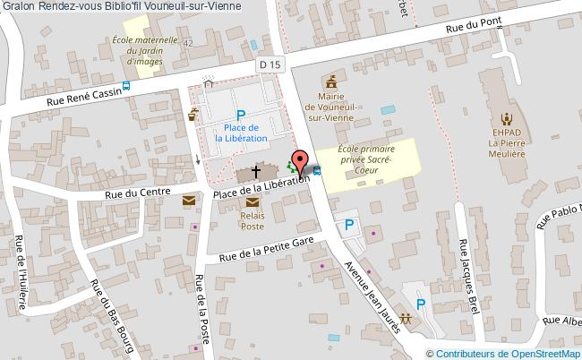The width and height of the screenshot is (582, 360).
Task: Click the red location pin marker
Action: tap(301, 161)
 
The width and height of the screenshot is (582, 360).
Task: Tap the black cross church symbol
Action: tap(257, 171)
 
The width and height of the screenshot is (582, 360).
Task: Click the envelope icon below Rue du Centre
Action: tap(189, 202)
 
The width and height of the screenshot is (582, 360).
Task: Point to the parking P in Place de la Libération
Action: tap(240, 115)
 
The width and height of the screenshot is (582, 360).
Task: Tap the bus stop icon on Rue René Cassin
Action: tap(126, 86)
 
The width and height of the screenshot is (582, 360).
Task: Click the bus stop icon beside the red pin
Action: tap(318, 170)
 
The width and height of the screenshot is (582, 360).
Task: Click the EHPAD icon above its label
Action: tap(506, 118)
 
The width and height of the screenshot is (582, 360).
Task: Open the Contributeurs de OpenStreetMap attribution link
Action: tap(508, 352)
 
